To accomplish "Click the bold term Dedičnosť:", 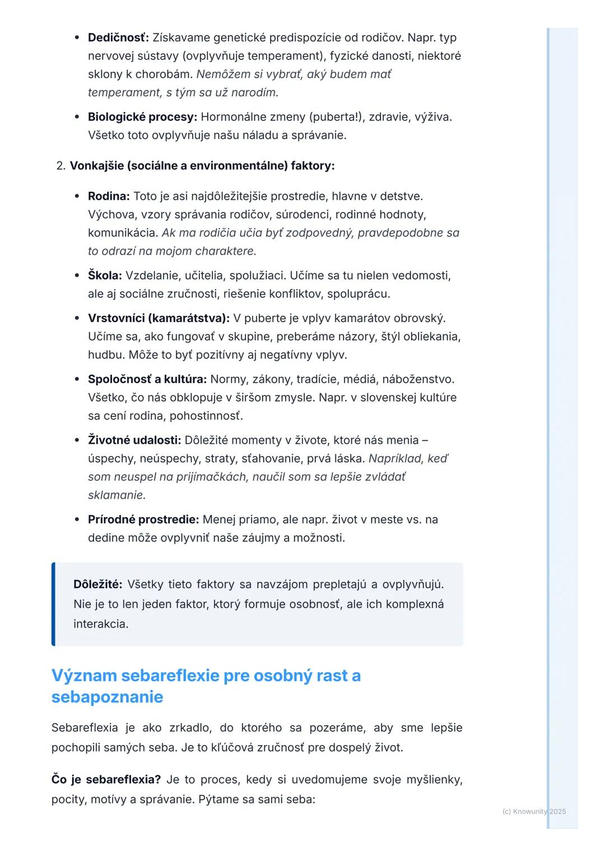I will (118, 38).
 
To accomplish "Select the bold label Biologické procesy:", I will (142, 117).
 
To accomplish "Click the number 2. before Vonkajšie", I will (61, 166).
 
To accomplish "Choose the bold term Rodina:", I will (109, 196).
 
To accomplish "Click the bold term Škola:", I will (105, 275).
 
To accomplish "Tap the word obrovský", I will (420, 318).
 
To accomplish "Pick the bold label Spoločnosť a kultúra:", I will (147, 379).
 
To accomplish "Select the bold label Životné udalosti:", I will (134, 440).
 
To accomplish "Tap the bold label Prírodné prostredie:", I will (143, 519).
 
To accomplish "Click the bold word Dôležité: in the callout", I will (98, 584).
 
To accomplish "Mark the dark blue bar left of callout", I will (53, 604).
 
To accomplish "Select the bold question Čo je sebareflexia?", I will (106, 779).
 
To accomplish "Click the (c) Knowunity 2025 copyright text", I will (534, 811).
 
